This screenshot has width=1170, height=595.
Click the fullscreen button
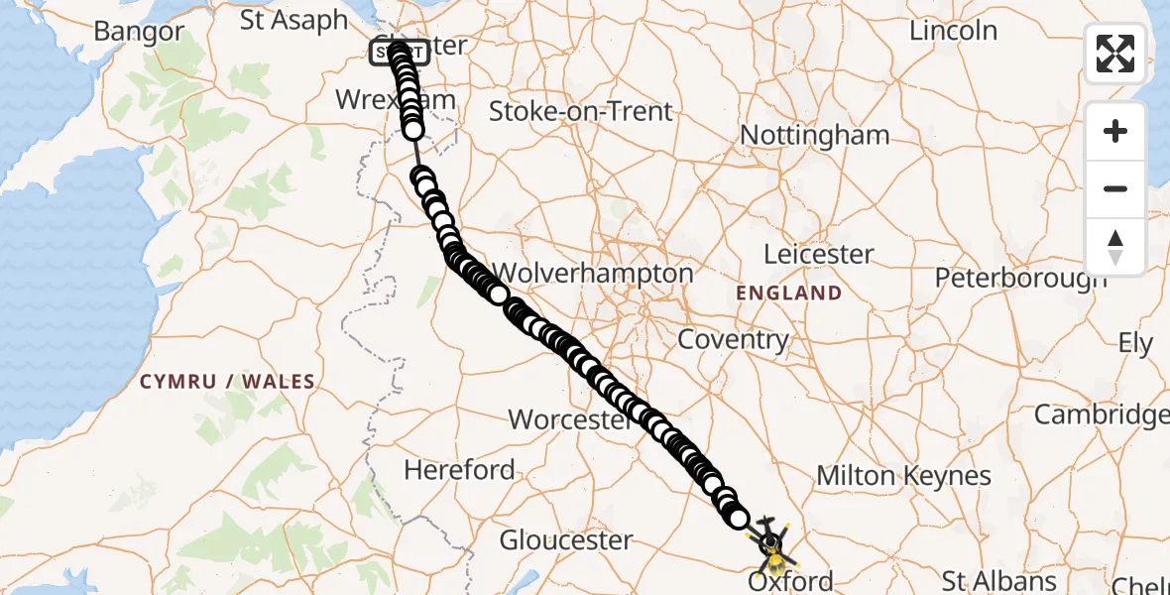(1115, 54)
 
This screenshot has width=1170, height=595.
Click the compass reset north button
(1115, 247)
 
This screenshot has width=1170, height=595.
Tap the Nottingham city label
(815, 135)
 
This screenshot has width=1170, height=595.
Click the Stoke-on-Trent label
(581, 110)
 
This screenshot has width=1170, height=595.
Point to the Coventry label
(733, 340)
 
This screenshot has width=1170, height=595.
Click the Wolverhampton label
(593, 273)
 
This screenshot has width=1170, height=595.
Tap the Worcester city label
(569, 419)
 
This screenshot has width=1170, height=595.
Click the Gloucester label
(566, 540)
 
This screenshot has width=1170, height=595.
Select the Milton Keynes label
(903, 476)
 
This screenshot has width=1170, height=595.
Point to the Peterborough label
(1021, 278)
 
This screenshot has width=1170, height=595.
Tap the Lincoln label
(953, 31)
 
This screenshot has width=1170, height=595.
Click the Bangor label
(139, 31)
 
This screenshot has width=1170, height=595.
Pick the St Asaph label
(294, 20)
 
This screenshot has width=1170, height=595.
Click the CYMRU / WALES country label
(227, 382)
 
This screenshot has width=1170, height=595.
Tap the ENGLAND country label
(789, 294)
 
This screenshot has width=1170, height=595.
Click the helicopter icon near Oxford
(771, 541)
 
